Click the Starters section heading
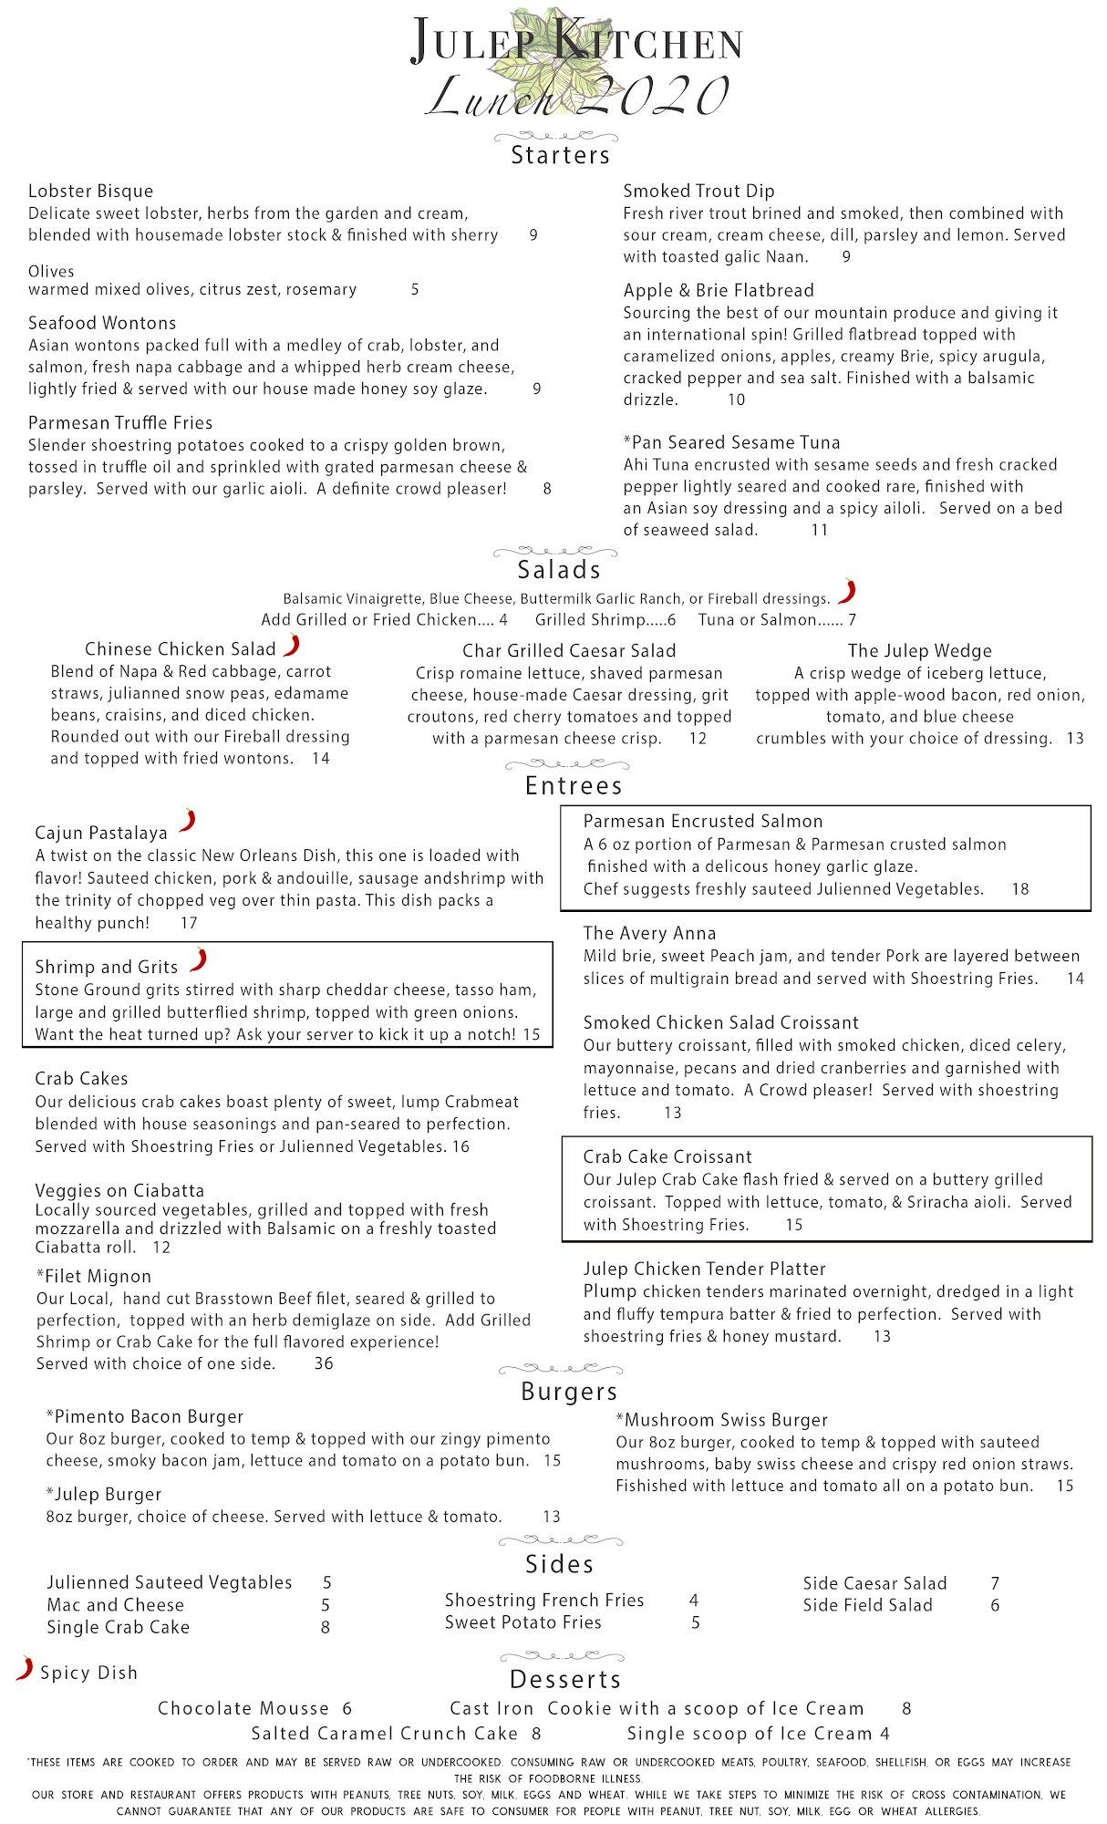(x=560, y=155)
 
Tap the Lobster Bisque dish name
(x=90, y=192)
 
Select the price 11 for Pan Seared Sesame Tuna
(x=819, y=530)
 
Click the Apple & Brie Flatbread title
(x=719, y=291)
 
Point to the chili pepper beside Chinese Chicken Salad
(x=292, y=646)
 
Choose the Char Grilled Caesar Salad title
(x=569, y=651)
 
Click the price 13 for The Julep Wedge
(x=1075, y=739)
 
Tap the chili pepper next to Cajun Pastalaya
(x=188, y=821)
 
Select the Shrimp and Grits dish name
(x=106, y=968)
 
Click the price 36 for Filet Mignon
(x=323, y=1364)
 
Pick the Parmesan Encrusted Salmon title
(x=703, y=822)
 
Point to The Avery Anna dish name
(x=649, y=934)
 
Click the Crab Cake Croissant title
(x=667, y=1157)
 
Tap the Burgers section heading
(x=569, y=1392)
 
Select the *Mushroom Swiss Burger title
(x=721, y=1420)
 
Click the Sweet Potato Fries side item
(x=522, y=1622)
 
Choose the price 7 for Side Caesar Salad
(x=995, y=1584)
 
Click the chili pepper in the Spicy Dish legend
(x=25, y=1669)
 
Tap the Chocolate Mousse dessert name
(x=243, y=1708)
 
